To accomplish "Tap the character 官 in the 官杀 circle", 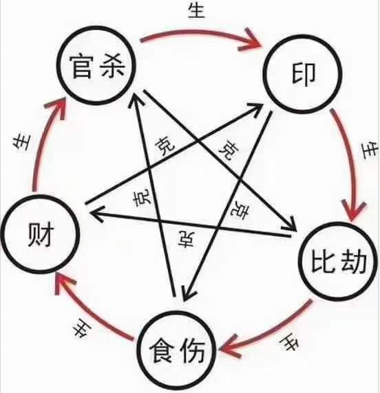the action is tap(81, 65).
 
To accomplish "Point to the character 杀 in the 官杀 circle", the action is tap(112, 66).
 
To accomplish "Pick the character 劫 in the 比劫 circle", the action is tap(354, 260).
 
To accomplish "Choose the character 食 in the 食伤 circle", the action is tap(162, 350).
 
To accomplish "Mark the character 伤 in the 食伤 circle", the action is tap(192, 350).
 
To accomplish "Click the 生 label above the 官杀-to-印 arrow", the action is tap(197, 10).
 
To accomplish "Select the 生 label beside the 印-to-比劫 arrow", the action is tap(370, 150).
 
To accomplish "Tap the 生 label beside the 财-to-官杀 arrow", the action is tap(21, 142).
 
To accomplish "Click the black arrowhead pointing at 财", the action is tap(96, 214).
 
